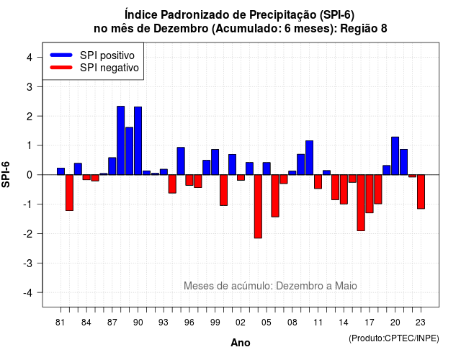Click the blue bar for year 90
pyautogui.click(x=138, y=141)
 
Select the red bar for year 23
pyautogui.click(x=421, y=192)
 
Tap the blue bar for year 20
pyautogui.click(x=395, y=156)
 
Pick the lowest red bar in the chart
pyautogui.click(x=258, y=207)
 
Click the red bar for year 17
pyautogui.click(x=370, y=194)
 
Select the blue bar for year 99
pyautogui.click(x=215, y=162)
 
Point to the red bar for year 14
pyautogui.click(x=344, y=189)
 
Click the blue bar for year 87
pyautogui.click(x=112, y=166)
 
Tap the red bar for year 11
pyautogui.click(x=318, y=181)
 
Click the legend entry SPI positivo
pyautogui.click(x=107, y=55)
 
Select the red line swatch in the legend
pyautogui.click(x=61, y=68)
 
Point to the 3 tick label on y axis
pyautogui.click(x=29, y=86)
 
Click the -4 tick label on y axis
pyautogui.click(x=28, y=292)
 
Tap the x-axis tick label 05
pyautogui.click(x=267, y=323)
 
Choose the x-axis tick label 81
pyautogui.click(x=60, y=323)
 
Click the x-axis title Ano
pyautogui.click(x=241, y=343)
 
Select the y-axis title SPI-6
pyautogui.click(x=6, y=174)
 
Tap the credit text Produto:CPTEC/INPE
pyautogui.click(x=394, y=338)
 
